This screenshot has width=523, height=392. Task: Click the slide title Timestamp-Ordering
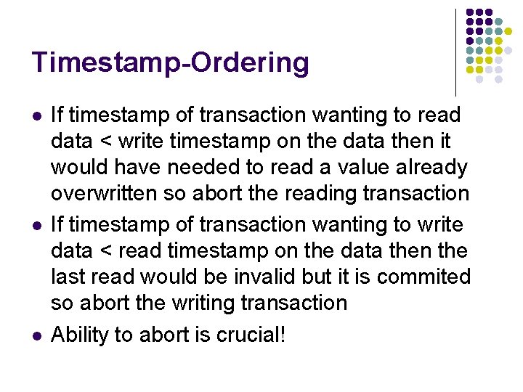coord(170,62)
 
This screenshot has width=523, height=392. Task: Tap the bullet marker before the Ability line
coord(36,336)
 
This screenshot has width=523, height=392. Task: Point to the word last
coord(67,277)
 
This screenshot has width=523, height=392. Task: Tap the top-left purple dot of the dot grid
coord(469,13)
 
